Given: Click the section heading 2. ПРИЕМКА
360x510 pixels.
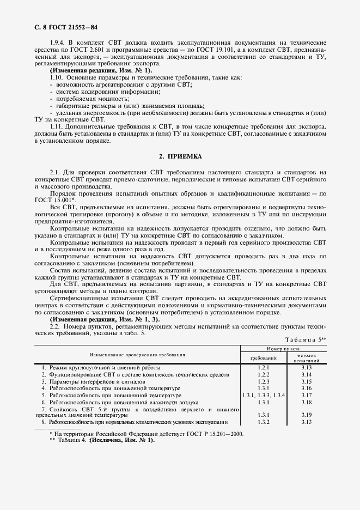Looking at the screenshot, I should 180,156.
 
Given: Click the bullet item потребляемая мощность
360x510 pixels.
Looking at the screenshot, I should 89,99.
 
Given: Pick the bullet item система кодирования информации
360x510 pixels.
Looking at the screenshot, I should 99,92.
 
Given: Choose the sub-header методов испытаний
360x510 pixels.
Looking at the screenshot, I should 306,358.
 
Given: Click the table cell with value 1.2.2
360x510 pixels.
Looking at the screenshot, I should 264,375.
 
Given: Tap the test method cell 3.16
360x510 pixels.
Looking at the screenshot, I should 306,388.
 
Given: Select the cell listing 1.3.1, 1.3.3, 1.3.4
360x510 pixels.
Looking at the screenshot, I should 264,395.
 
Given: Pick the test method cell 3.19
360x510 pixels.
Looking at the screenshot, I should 306,415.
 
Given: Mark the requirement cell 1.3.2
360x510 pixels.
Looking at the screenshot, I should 264,422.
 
